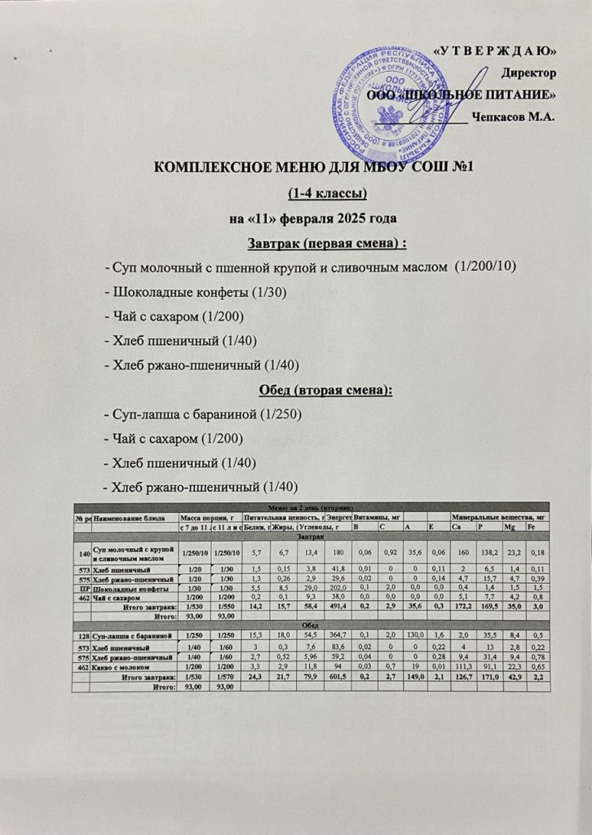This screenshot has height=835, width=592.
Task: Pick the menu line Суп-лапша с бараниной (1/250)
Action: point(204,415)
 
